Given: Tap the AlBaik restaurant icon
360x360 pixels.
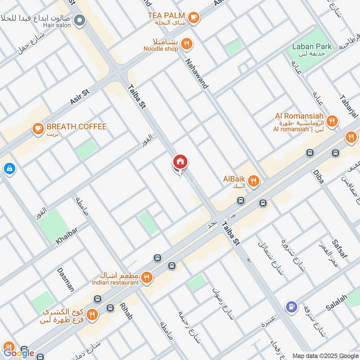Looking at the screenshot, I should pyautogui.click(x=254, y=181).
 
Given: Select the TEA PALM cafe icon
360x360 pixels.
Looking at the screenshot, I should pyautogui.click(x=194, y=17).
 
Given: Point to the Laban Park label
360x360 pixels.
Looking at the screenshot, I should pyautogui.click(x=318, y=46).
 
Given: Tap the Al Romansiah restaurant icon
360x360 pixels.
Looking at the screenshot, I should pyautogui.click(x=332, y=120).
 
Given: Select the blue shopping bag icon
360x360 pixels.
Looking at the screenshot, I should pyautogui.click(x=9, y=169).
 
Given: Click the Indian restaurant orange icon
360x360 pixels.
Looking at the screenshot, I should pyautogui.click(x=146, y=278).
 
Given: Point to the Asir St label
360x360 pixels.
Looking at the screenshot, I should pyautogui.click(x=81, y=97).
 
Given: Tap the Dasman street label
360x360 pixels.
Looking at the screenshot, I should pyautogui.click(x=66, y=279).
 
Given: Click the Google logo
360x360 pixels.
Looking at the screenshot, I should pyautogui.click(x=19, y=353).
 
